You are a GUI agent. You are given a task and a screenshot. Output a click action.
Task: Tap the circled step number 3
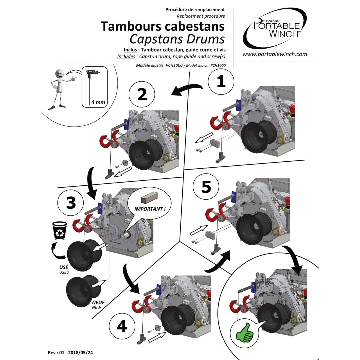[71, 203]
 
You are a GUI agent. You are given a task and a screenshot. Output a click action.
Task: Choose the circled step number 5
[206, 187]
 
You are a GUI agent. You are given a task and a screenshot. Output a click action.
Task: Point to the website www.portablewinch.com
[275, 54]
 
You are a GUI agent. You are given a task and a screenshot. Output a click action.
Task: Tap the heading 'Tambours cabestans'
[163, 26]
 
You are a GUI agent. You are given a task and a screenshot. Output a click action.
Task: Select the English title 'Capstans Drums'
[177, 39]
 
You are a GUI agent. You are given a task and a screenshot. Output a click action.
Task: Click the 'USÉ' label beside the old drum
[63, 267]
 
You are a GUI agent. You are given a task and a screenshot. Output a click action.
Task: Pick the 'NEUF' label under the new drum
[98, 302]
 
